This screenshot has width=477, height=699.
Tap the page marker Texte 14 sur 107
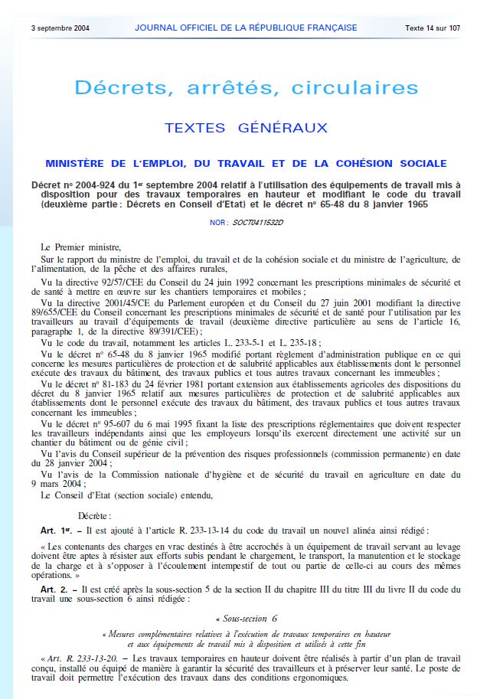pos(433,28)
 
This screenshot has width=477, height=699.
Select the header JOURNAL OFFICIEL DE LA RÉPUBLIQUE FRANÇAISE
pos(246,28)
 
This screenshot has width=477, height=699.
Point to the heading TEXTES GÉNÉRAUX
pos(246,128)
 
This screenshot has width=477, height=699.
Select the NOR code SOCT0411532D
pos(258,222)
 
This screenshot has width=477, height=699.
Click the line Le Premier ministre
pos(80,247)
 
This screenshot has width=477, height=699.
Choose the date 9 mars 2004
pos(60,483)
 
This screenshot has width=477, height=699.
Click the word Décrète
pos(94,517)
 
